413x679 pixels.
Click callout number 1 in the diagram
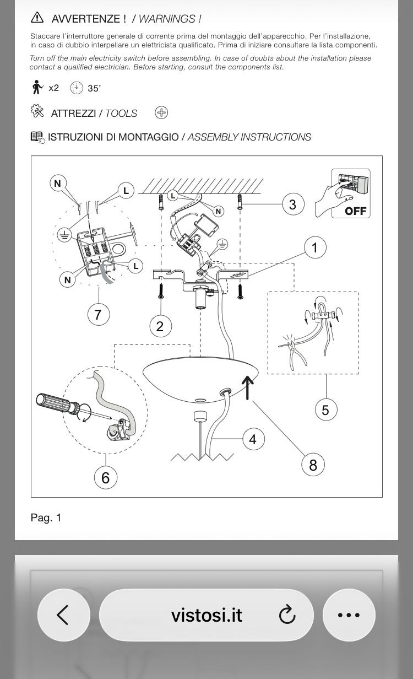click(315, 247)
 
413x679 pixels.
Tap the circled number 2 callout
click(160, 326)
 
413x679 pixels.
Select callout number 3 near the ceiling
click(293, 204)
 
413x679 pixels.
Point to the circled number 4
click(253, 439)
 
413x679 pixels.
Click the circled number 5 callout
click(326, 410)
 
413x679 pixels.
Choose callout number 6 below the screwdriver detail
click(105, 478)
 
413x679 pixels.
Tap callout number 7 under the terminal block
click(99, 314)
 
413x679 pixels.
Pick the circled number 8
click(313, 465)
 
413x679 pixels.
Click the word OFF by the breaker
click(356, 211)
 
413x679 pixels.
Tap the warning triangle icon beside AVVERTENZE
click(37, 18)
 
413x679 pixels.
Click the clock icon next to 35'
click(77, 88)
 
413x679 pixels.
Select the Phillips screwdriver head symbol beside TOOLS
click(161, 112)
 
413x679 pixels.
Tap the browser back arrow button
click(63, 615)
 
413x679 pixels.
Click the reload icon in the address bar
click(287, 615)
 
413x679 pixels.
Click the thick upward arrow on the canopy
click(248, 387)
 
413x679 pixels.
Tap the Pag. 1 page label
click(46, 518)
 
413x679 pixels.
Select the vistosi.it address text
click(206, 615)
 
